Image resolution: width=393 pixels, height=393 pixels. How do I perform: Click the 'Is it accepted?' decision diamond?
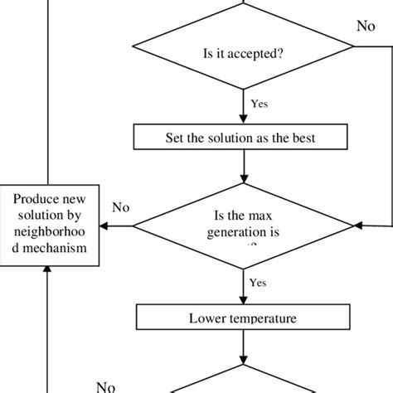[243, 55]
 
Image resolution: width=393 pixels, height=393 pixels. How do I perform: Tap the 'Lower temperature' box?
[243, 318]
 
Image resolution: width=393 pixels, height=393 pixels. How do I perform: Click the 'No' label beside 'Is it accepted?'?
[366, 26]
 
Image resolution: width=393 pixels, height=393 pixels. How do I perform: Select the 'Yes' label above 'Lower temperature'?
[258, 284]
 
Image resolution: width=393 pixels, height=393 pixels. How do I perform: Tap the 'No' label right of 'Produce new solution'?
[121, 207]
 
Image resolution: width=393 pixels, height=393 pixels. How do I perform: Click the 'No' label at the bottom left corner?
[105, 386]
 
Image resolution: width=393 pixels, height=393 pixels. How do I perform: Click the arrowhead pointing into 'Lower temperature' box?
[243, 301]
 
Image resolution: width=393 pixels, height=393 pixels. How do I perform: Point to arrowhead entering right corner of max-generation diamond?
[357, 224]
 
